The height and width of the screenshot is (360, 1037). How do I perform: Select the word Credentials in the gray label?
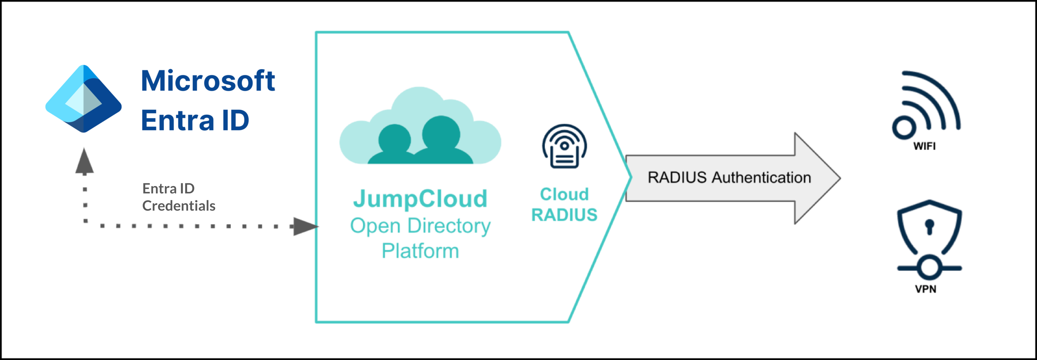(179, 206)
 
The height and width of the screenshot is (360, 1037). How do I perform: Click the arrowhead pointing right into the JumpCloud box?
(305, 226)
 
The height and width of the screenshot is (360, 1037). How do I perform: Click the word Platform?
(420, 251)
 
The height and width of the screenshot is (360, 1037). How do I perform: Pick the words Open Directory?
(420, 226)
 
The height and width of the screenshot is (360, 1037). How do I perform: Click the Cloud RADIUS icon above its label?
(564, 146)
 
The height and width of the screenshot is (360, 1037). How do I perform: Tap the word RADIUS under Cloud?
(564, 215)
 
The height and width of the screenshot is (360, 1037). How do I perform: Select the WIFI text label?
(924, 146)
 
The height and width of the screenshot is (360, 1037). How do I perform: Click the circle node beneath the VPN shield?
(929, 267)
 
